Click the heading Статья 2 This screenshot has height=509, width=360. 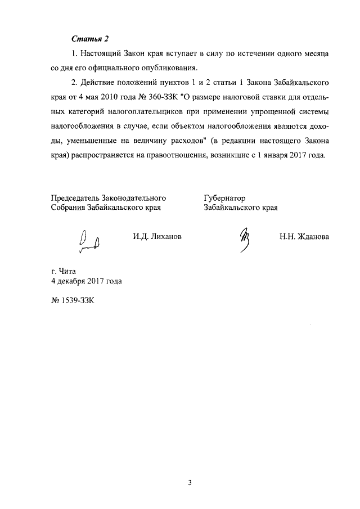click(x=89, y=38)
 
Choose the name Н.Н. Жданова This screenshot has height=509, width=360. click(x=304, y=237)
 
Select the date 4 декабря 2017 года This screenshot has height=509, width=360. click(x=86, y=280)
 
